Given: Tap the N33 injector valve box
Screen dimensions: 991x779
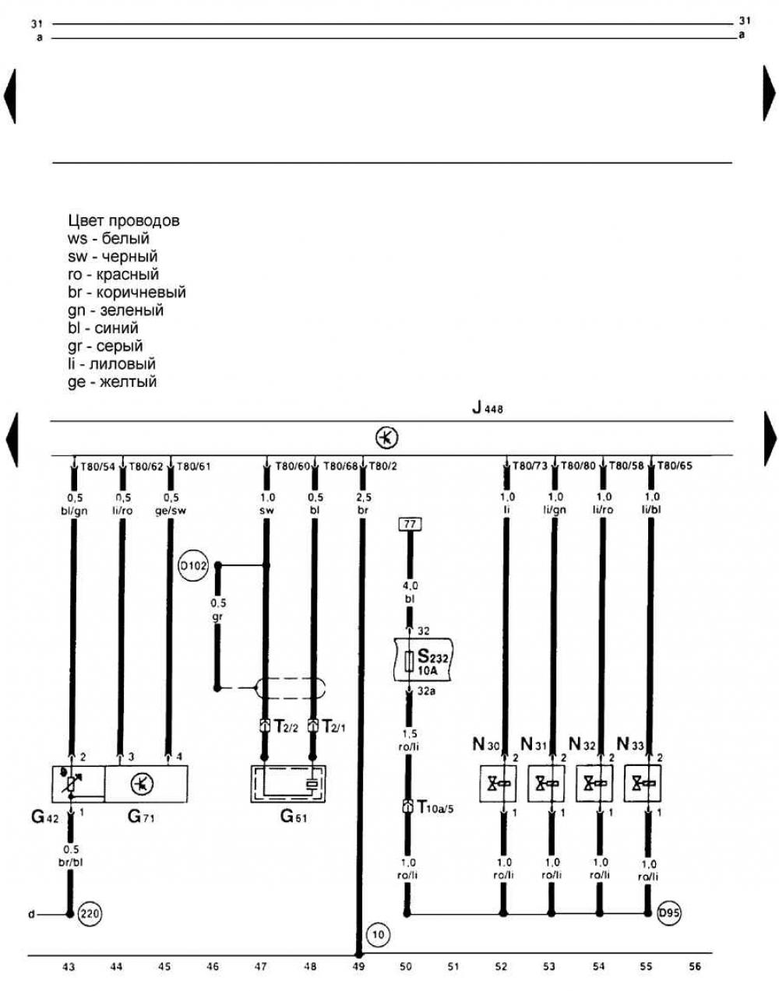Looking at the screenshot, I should click(642, 783).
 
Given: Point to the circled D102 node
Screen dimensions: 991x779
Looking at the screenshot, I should click(193, 566).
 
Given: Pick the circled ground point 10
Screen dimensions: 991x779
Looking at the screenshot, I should click(377, 933).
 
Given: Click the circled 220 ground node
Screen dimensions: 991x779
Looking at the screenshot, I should click(92, 914).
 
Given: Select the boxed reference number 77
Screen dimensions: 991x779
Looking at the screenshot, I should click(409, 525).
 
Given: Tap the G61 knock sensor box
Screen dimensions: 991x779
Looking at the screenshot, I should click(287, 783).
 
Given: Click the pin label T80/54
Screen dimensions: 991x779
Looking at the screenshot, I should click(97, 467).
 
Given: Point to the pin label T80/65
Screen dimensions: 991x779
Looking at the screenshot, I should click(674, 466).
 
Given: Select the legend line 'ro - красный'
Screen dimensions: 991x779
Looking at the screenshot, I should click(113, 274).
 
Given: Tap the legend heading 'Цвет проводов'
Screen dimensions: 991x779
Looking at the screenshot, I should click(124, 220).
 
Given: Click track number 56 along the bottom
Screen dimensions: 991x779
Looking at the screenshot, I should click(694, 967).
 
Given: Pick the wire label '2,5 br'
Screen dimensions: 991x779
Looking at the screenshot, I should click(363, 504).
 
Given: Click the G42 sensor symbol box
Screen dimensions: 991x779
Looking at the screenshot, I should click(78, 783).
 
